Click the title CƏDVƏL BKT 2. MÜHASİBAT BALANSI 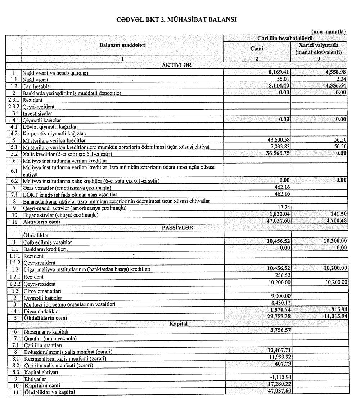pos(176,20)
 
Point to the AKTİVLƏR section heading pos(177,65)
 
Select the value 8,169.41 pos(278,72)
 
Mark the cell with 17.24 pos(283,208)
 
